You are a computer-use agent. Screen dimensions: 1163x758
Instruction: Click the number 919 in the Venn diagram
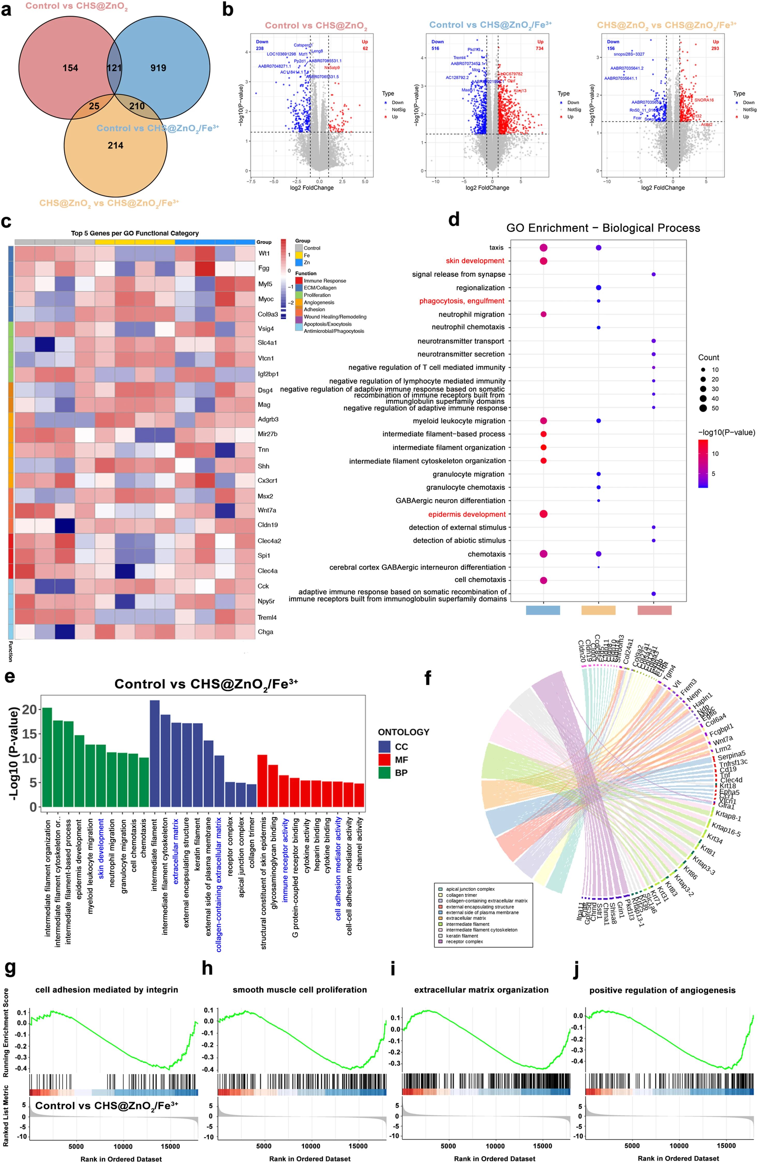[x=158, y=68]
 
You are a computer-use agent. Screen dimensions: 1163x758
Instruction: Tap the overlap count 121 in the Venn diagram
[x=114, y=68]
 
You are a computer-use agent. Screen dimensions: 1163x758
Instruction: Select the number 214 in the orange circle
[x=115, y=145]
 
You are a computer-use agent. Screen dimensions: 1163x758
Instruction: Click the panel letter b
[x=228, y=10]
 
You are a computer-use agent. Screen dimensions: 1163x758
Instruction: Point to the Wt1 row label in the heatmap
[x=264, y=253]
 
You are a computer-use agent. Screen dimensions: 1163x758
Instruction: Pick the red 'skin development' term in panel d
[x=474, y=261]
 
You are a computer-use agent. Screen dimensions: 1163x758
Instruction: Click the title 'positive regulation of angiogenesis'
[x=662, y=990]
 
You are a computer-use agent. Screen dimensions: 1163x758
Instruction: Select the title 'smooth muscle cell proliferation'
[x=300, y=989]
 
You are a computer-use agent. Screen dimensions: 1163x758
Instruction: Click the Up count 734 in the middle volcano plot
[x=540, y=48]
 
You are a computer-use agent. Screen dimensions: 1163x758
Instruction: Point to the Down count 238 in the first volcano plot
[x=259, y=48]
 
